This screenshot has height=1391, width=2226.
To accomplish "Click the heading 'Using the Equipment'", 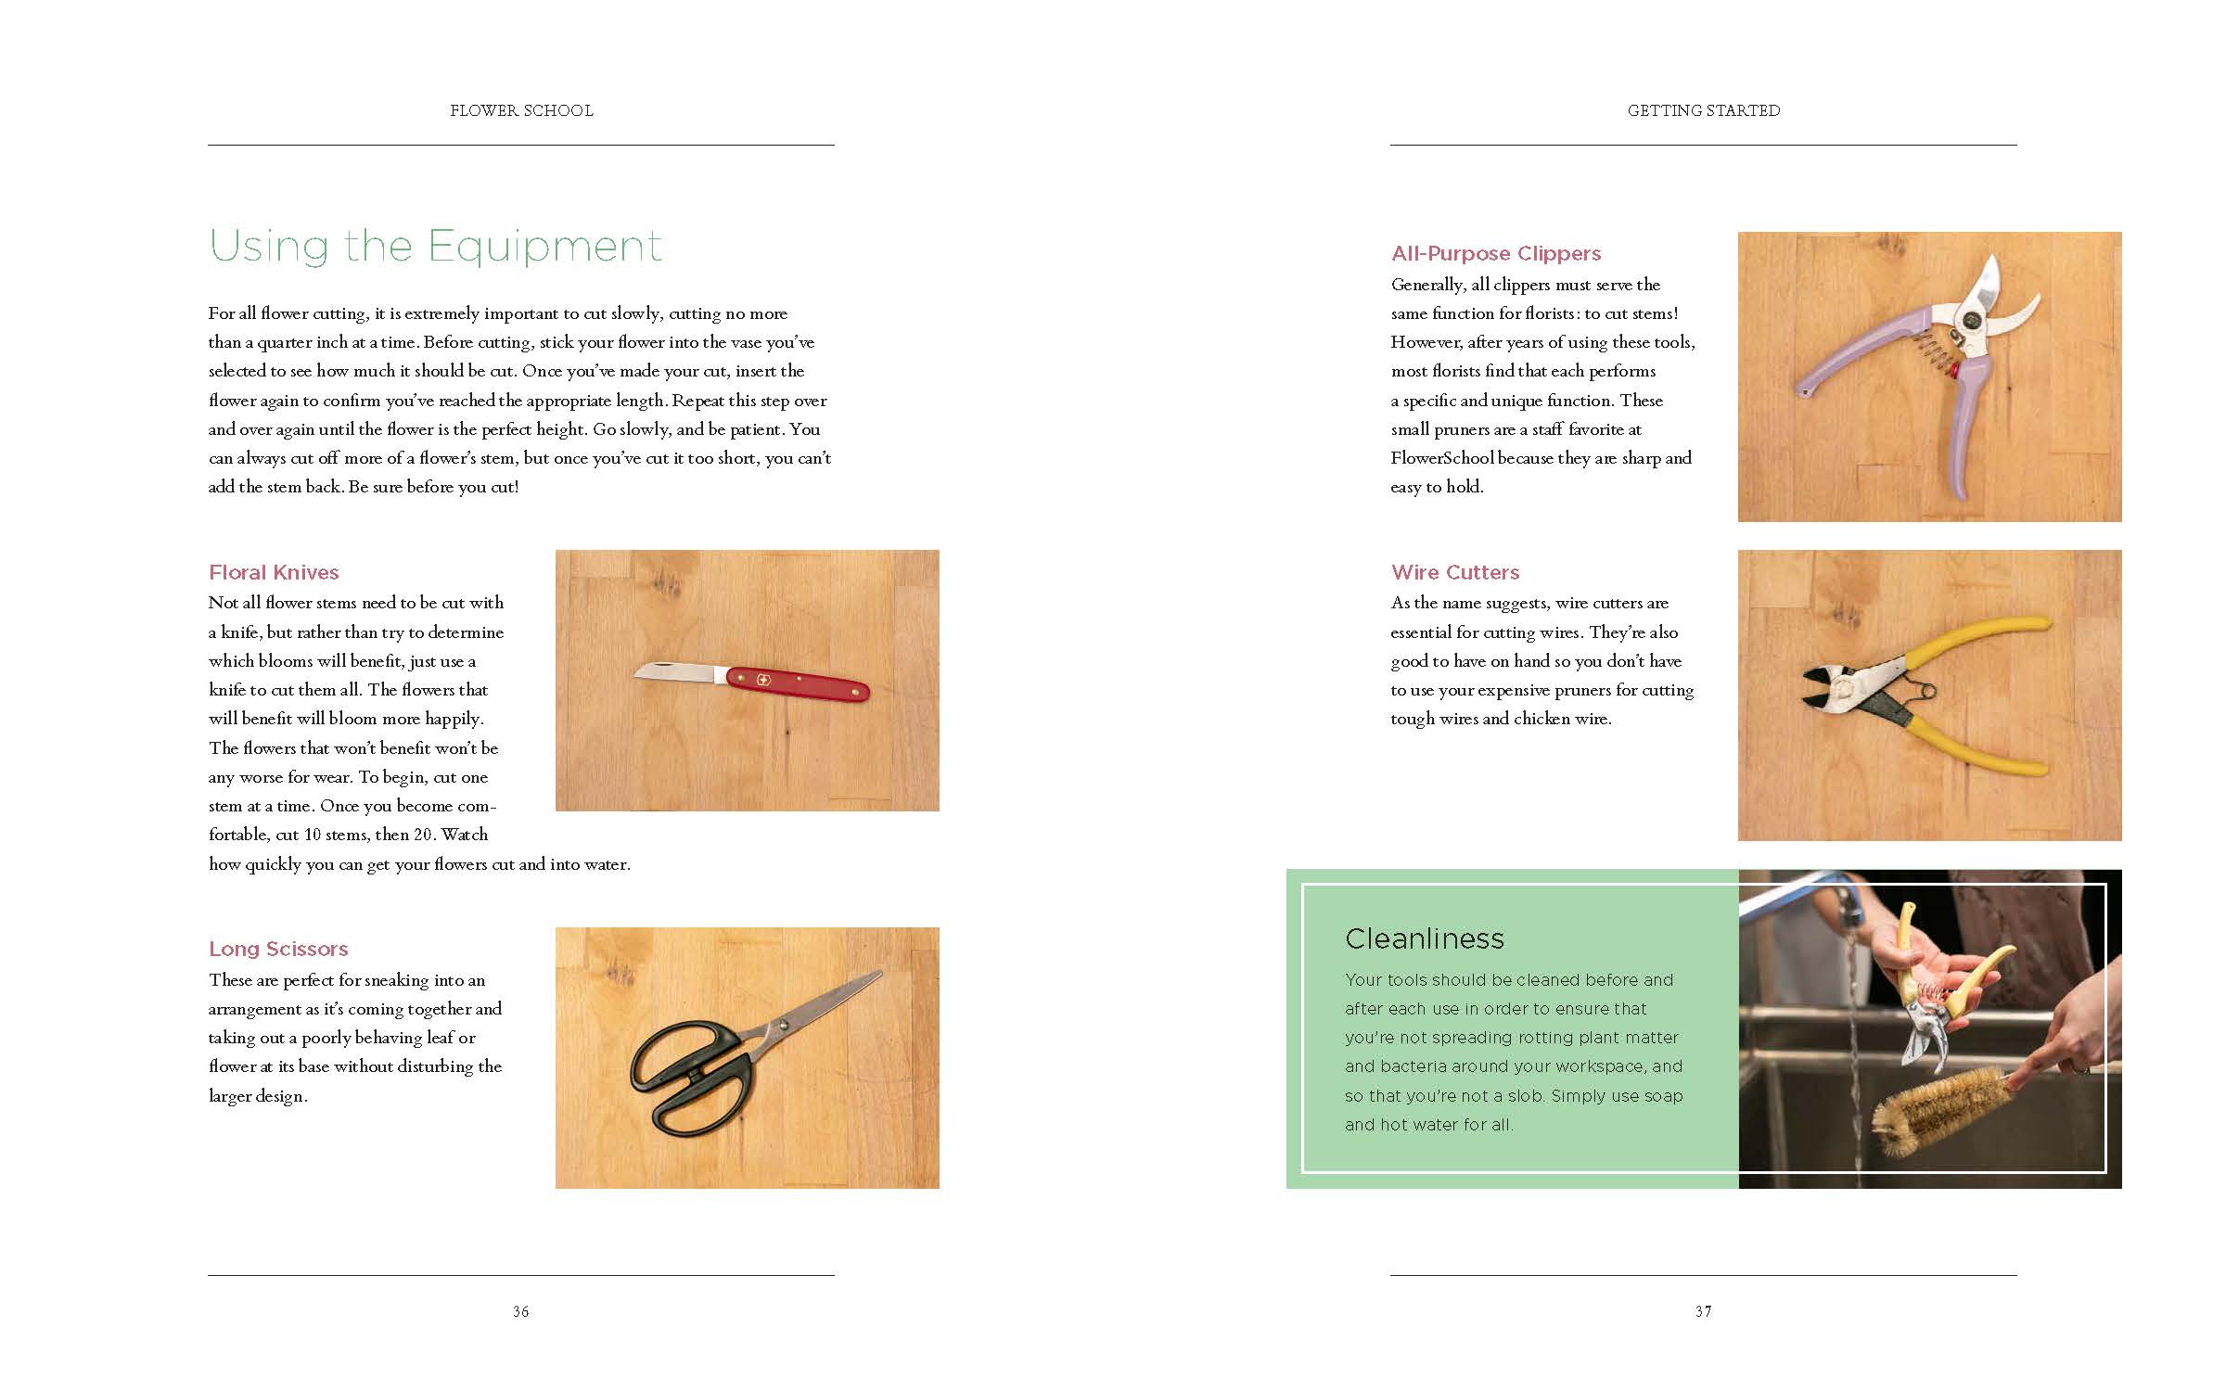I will (x=436, y=247).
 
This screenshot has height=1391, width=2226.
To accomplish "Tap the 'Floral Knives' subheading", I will (x=274, y=572).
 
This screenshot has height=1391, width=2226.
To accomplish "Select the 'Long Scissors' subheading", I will (x=278, y=949).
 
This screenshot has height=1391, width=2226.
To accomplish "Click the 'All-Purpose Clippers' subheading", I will (x=1496, y=253).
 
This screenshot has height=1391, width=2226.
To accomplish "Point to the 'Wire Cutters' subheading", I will (x=1455, y=572).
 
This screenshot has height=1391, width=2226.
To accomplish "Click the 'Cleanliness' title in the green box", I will (x=1425, y=938).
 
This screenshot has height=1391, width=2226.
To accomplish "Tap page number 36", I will (x=521, y=1311).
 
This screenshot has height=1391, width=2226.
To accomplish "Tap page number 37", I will (x=1703, y=1311).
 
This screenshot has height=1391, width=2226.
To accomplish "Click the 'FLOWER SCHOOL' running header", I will (x=521, y=110).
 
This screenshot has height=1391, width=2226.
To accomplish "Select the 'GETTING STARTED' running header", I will (x=1704, y=110).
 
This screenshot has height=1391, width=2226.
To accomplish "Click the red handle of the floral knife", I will (x=798, y=684).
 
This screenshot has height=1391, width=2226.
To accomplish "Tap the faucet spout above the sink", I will (x=1846, y=913).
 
